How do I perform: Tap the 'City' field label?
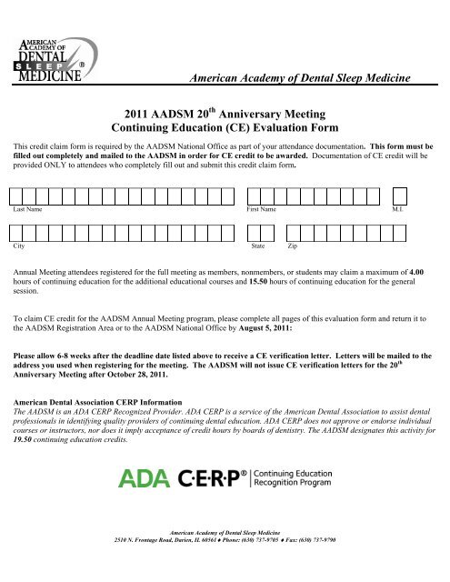click(x=18, y=246)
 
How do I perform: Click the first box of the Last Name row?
click(x=19, y=196)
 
